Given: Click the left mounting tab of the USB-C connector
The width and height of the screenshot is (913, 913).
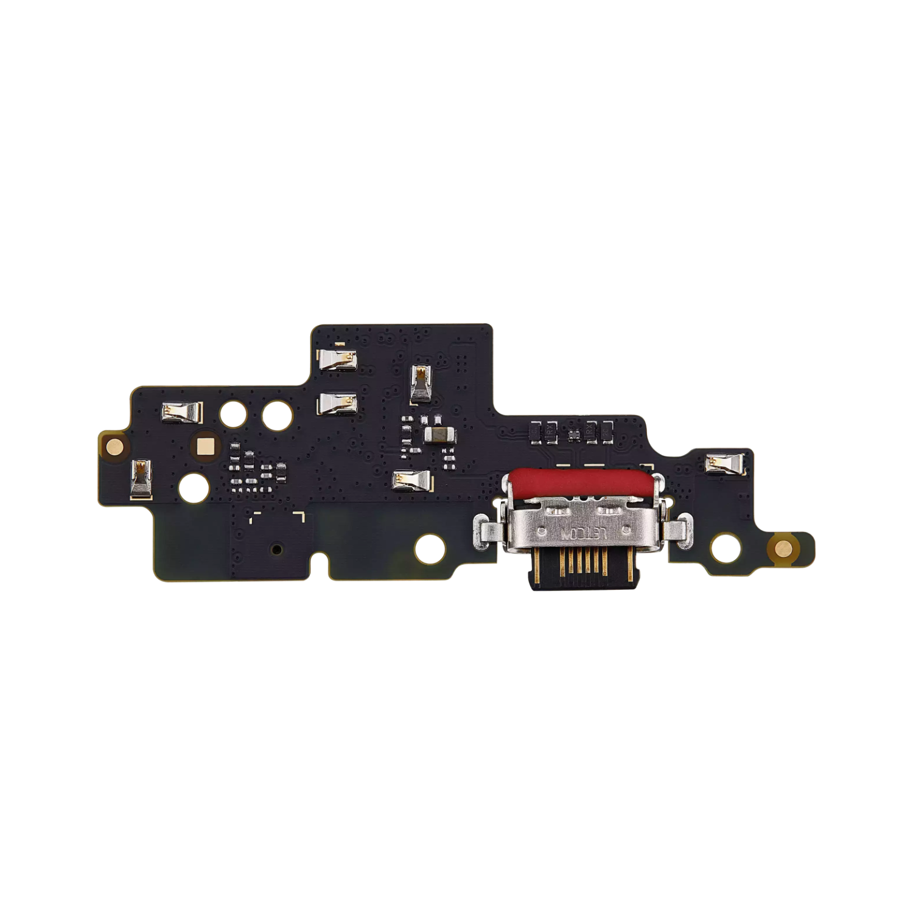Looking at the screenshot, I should click(488, 529).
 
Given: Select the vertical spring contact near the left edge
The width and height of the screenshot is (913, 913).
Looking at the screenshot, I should click(141, 479).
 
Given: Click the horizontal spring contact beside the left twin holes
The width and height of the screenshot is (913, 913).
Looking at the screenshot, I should click(181, 413).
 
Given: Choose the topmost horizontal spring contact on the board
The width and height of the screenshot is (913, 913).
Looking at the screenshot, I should click(337, 360).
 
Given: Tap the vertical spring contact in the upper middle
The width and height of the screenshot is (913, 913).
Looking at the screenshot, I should click(420, 383).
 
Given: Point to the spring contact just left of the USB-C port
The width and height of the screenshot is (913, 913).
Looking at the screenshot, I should click(413, 481).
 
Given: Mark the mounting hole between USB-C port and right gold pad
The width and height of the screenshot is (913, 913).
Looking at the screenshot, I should click(726, 547).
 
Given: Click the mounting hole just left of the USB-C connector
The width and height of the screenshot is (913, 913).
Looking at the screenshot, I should click(430, 548).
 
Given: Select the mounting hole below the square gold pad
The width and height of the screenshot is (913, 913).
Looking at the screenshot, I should click(194, 487).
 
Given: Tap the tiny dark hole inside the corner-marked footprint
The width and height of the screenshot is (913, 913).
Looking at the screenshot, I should click(277, 549).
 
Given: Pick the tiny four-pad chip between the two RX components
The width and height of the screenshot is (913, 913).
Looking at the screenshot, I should click(574, 433).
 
